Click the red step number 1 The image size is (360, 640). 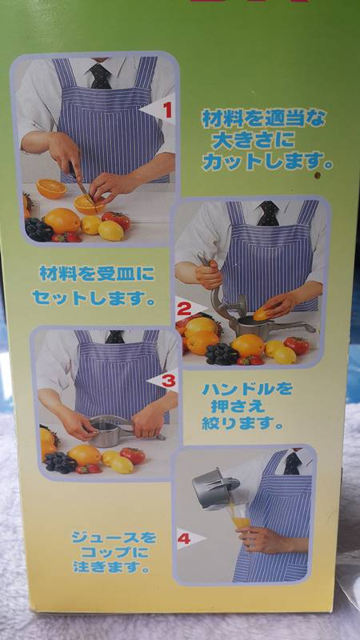point(167,110)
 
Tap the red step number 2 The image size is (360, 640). point(184,310)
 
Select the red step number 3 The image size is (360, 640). point(168,381)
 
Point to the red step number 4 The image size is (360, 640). point(184,538)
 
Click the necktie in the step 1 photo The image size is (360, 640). point(100,76)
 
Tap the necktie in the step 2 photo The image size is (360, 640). point(268,214)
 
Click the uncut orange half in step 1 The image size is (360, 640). point(51,189)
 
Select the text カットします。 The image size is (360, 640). point(267,162)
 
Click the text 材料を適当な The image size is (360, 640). point(263,118)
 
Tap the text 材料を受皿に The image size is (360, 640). point(97,274)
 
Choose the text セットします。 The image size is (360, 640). point(94,298)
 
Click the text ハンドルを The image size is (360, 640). point(246,389)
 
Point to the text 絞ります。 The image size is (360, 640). point(242,423)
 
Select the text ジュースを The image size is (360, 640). point(114,537)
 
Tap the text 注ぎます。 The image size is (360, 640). point(111,567)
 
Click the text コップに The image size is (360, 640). point(114,553)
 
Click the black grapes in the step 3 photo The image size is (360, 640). point(59,462)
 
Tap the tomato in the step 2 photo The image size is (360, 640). point(297,346)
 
